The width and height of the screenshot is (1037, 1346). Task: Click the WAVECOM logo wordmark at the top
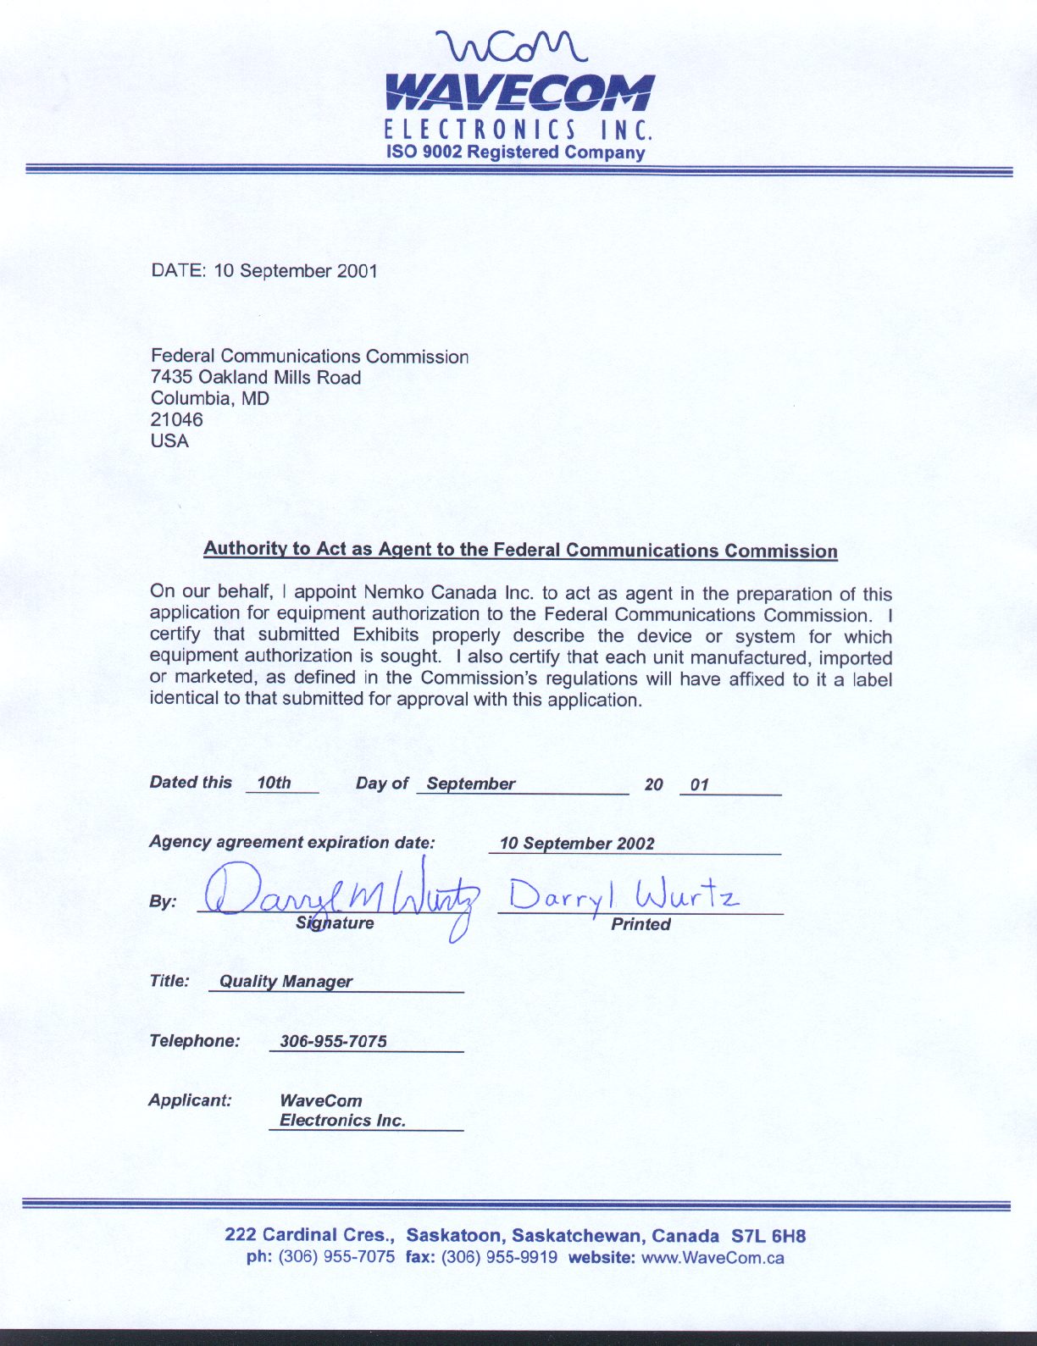(519, 93)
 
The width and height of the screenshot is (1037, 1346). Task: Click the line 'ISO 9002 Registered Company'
(515, 152)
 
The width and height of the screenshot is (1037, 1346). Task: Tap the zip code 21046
(176, 419)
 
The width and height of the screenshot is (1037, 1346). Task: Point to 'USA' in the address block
(169, 440)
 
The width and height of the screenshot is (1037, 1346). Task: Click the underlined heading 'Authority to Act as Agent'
(520, 550)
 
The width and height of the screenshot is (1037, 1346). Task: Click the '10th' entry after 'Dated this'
(274, 783)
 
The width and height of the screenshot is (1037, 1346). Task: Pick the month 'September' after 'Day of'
(471, 784)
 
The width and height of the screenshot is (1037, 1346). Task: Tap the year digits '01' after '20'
(699, 784)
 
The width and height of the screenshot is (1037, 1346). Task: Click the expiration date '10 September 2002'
(577, 844)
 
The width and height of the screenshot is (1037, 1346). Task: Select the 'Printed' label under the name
(640, 924)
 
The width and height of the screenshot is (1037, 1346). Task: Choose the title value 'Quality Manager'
(286, 982)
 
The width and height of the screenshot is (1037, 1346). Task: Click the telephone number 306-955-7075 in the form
(333, 1041)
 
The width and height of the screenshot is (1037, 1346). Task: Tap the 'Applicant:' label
(190, 1100)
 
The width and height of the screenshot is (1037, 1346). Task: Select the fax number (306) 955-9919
(500, 1257)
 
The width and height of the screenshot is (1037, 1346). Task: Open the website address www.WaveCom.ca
(713, 1257)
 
